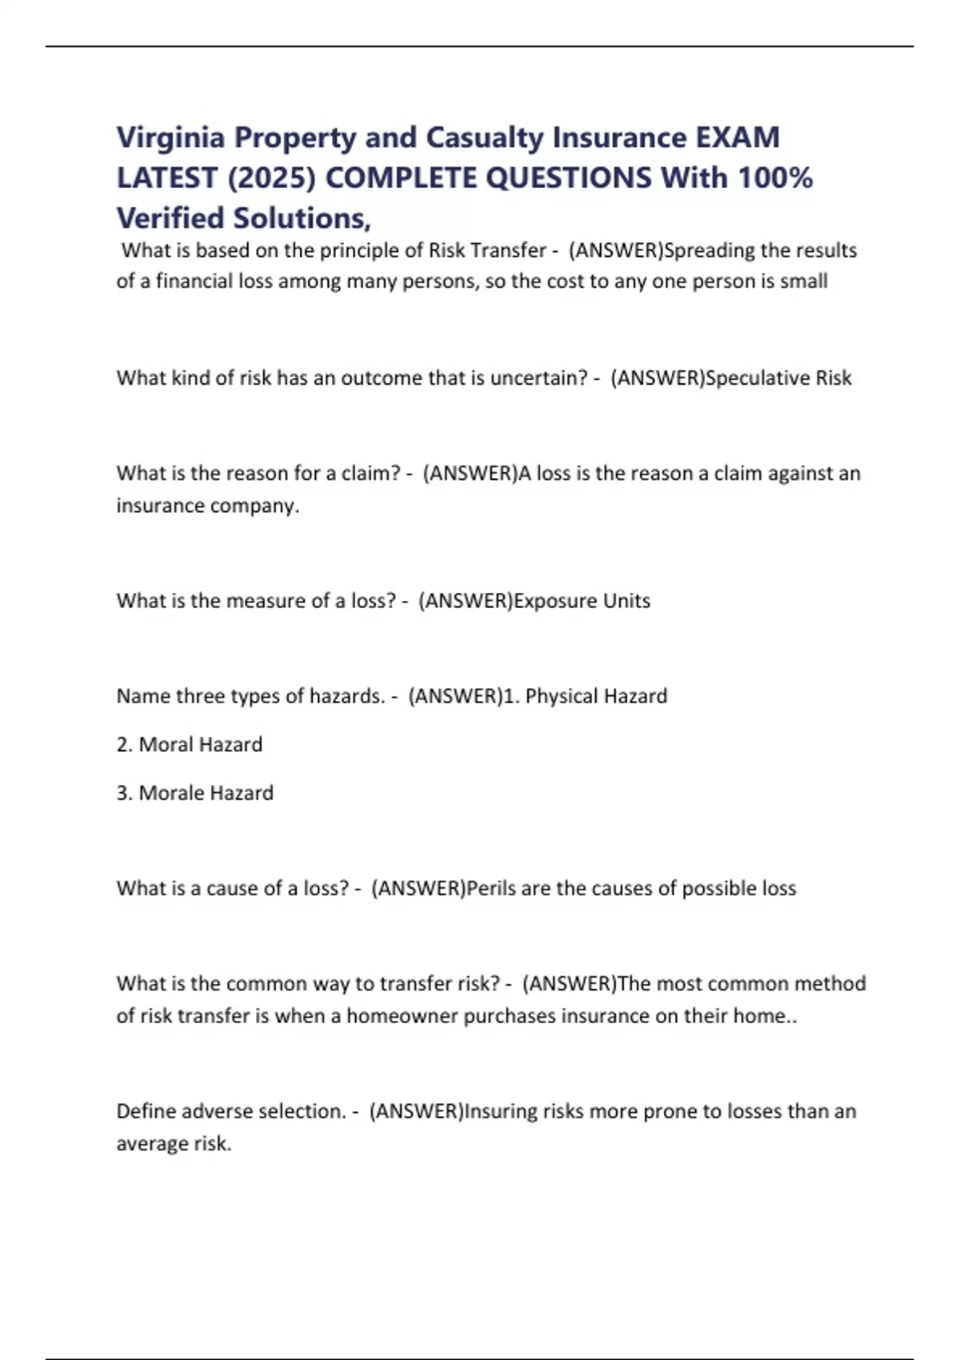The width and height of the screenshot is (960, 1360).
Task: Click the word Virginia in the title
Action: click(170, 138)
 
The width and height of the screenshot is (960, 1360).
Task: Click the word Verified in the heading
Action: click(170, 218)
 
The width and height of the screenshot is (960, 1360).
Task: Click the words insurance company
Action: click(208, 506)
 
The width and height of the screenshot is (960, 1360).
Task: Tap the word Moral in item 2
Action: click(166, 745)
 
